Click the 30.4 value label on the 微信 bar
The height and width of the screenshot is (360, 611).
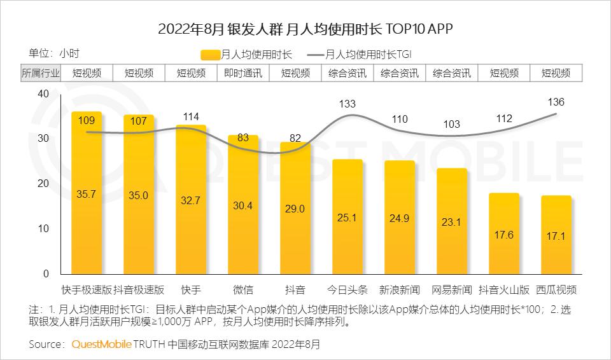coord(242,205)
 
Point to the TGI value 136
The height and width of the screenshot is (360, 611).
coord(556,102)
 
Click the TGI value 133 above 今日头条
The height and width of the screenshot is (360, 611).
coord(348,104)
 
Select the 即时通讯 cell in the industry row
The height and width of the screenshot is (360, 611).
coord(243,73)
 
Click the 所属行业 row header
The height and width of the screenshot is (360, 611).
coord(41,73)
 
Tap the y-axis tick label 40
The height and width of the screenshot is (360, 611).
coord(43,93)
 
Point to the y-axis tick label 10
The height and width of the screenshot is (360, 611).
coord(43,229)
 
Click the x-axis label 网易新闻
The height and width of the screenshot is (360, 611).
coord(452,290)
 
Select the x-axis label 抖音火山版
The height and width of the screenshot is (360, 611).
coord(504,290)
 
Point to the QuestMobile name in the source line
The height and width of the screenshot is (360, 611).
coord(101,345)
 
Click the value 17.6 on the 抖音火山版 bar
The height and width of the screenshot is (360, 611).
coord(504,235)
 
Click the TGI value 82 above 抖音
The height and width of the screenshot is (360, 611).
coord(295,138)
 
